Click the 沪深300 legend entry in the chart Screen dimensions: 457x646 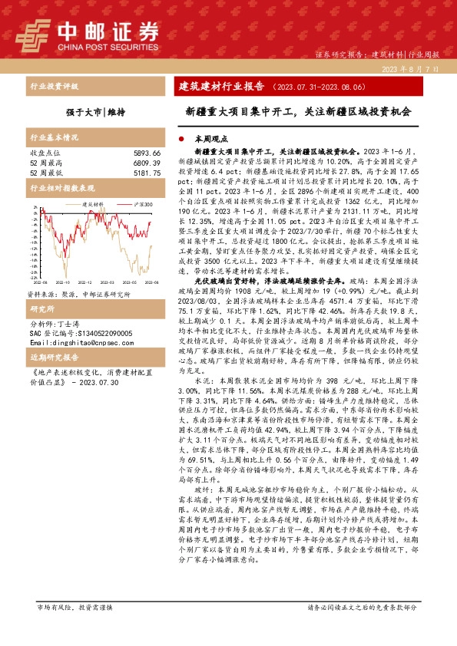point(143,205)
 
